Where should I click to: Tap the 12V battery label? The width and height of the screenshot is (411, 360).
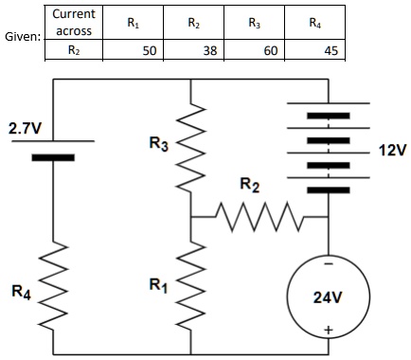pos(389,151)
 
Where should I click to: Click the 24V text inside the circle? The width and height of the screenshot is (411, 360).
pos(327,297)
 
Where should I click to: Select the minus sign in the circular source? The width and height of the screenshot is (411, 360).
pos(327,261)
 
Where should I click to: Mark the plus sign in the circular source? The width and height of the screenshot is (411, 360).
pos(327,330)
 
